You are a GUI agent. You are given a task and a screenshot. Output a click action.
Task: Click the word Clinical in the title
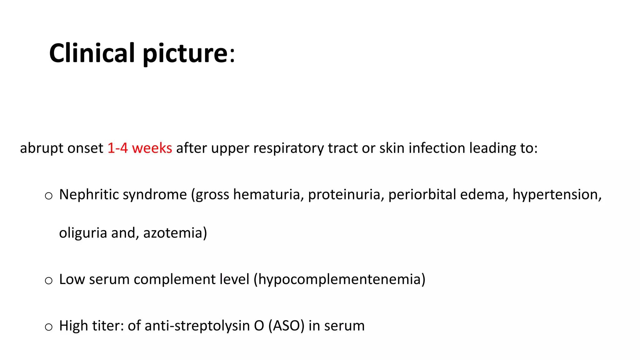click(x=92, y=53)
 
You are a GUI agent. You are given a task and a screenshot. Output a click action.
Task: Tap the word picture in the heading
click(x=185, y=54)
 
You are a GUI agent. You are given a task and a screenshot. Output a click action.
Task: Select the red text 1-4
click(x=117, y=148)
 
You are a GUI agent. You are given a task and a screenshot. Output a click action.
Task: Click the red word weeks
click(x=152, y=148)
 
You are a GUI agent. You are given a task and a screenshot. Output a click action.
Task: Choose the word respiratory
click(x=288, y=148)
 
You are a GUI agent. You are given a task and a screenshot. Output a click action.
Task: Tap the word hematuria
click(x=268, y=194)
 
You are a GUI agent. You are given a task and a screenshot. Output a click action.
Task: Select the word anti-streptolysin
click(x=197, y=326)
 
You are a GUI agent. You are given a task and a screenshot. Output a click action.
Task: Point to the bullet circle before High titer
click(x=48, y=327)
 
